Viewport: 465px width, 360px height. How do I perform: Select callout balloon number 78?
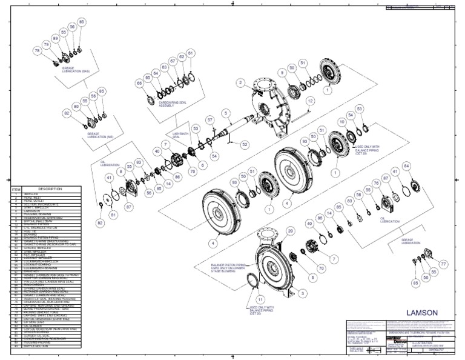(38, 52)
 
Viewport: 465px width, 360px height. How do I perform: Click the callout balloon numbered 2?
(240, 82)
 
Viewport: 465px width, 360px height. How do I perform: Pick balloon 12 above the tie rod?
(310, 101)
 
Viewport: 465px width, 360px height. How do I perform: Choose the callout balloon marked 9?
(282, 72)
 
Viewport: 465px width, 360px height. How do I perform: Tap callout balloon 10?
(342, 122)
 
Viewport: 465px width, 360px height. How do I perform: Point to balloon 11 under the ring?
(260, 299)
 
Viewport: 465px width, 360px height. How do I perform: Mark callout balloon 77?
(443, 264)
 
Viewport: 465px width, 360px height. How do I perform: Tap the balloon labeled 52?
(245, 145)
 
